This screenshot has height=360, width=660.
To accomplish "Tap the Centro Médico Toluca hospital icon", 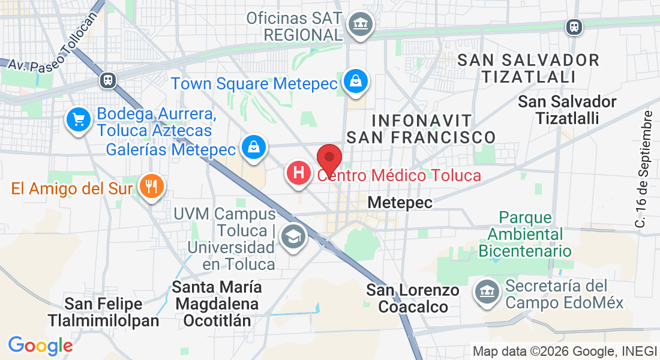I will coord(299,173).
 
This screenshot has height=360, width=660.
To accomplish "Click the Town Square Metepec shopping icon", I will coord(356,81).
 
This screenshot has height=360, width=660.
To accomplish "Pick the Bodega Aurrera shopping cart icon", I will coord(79,121).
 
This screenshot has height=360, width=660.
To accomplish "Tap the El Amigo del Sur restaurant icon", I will coord(151,186).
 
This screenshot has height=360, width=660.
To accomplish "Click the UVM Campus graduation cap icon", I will coord(293,237).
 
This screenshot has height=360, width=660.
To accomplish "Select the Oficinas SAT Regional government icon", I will coord(361,25).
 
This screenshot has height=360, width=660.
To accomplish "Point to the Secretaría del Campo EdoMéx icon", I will coord(487,293).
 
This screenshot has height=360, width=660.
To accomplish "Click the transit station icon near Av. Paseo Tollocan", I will coord(109,80).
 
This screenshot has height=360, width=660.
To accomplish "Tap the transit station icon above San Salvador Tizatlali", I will coord(574,26).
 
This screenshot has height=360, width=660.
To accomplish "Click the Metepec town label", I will coord(400,203).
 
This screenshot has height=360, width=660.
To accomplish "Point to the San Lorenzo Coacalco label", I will coord(413,298).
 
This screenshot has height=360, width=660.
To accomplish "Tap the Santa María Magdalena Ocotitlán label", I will coord(218,304).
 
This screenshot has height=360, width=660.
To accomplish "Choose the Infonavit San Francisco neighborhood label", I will coord(421,128).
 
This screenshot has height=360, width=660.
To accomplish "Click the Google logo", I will coord(40,346).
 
